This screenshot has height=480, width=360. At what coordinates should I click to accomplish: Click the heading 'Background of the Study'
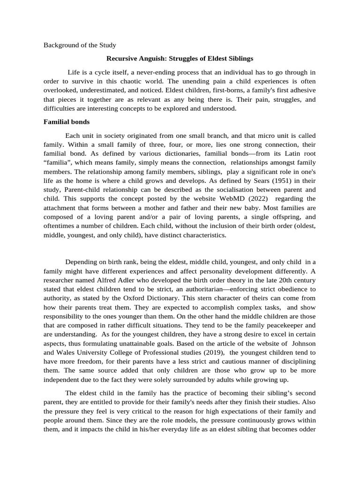coord(80,45)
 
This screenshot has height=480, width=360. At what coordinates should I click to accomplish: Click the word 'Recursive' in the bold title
coord(123,59)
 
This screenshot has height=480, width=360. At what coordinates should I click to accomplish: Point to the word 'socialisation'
coord(221,189)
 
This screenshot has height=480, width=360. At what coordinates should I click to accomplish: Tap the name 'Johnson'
coord(303,343)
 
